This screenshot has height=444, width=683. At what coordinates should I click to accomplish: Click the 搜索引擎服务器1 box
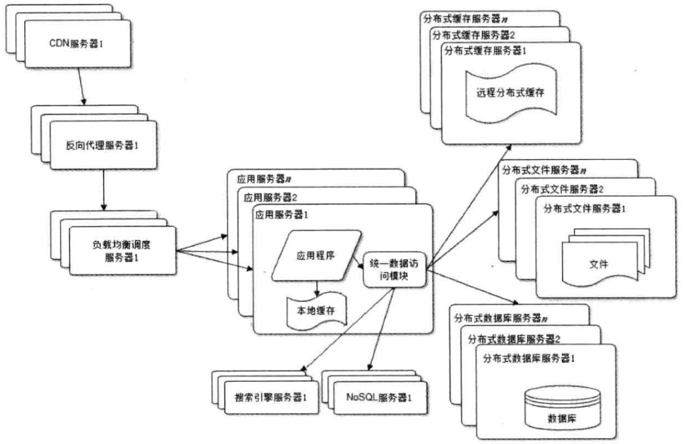tap(270, 398)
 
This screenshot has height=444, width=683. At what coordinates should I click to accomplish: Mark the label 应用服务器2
tap(270, 196)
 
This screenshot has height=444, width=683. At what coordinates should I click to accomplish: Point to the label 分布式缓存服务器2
tap(472, 35)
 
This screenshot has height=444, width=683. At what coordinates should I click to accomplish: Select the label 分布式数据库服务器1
tap(528, 358)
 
